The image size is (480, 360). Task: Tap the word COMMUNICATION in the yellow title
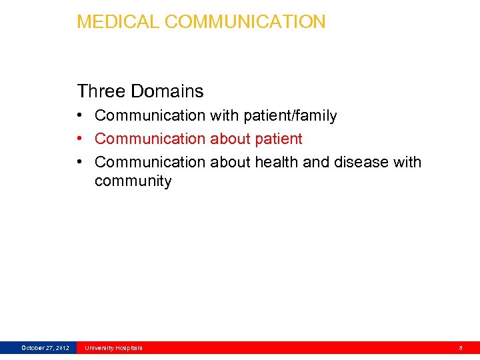(x=245, y=22)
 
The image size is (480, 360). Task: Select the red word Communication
(x=150, y=139)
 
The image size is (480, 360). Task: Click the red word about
(x=229, y=139)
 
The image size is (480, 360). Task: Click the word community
(x=133, y=181)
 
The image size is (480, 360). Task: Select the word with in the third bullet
(x=407, y=162)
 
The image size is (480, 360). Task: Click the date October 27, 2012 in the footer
(x=45, y=348)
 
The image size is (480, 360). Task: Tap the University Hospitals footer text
(x=113, y=348)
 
